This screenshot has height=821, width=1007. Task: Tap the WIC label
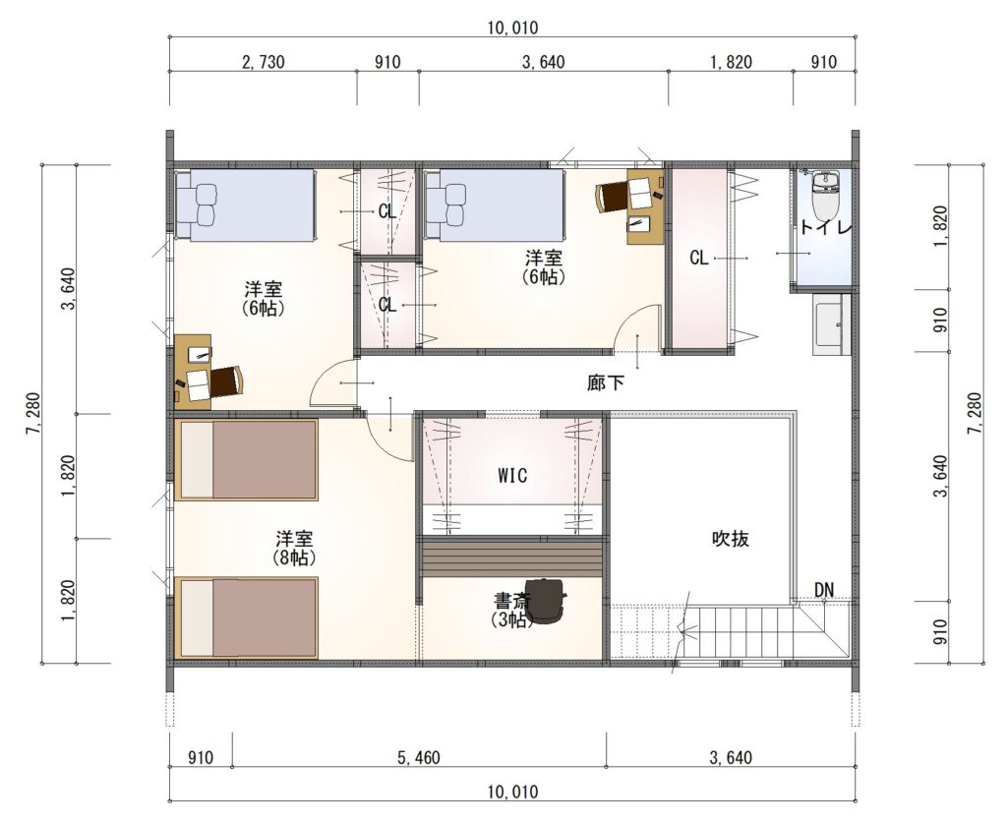(512, 475)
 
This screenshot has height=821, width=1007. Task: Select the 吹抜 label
(731, 538)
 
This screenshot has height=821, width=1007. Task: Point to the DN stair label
(824, 589)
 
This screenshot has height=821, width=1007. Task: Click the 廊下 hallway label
(605, 382)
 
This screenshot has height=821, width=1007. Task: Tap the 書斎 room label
(511, 602)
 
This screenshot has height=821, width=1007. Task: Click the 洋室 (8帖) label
(295, 548)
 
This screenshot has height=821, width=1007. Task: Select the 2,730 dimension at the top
(263, 62)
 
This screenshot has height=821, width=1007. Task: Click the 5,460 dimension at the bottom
(419, 757)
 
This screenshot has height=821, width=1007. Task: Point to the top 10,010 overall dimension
(512, 28)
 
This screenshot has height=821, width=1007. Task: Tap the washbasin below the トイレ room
(831, 324)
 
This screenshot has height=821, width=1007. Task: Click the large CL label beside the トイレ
(699, 258)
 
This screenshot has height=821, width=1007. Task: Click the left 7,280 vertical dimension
(32, 413)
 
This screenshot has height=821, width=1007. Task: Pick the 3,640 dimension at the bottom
(731, 757)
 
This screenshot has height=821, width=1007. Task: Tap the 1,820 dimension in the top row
(731, 62)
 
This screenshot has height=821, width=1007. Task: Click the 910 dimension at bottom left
(201, 757)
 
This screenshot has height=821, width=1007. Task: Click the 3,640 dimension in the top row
(543, 62)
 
